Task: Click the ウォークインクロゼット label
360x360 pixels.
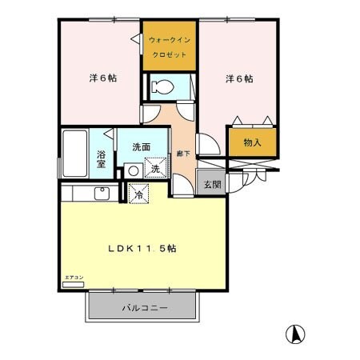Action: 169,46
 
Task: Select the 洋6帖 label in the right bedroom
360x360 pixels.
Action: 239,78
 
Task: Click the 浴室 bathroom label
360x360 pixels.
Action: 102,157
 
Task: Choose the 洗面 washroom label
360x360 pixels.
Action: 143,147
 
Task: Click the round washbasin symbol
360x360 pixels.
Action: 132,170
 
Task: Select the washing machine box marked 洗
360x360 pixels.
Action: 155,168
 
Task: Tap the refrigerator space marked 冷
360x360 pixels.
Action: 138,193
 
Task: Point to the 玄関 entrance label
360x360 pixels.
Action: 212,184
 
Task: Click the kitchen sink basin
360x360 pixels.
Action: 102,193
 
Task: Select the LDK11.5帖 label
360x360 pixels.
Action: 142,248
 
